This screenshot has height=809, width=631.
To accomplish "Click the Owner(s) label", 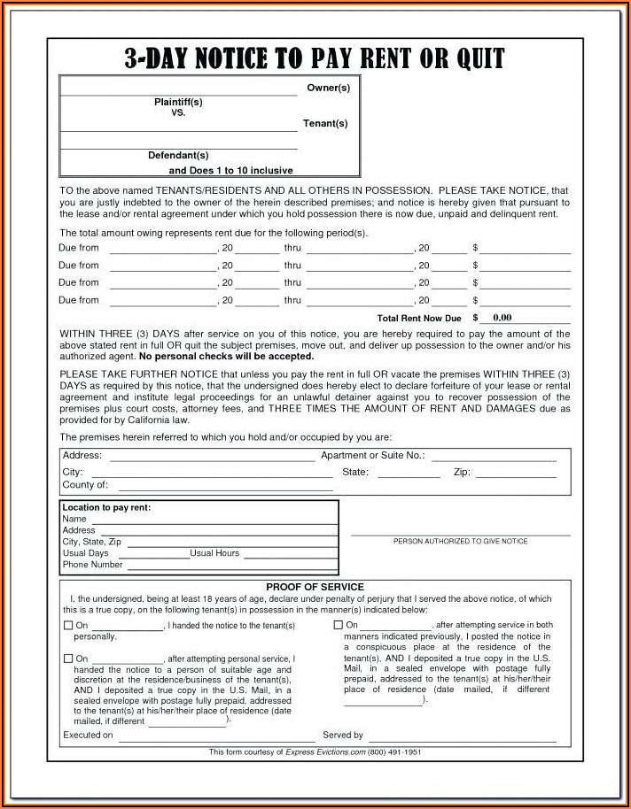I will (328, 88).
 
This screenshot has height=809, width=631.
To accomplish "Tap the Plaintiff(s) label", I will (177, 102).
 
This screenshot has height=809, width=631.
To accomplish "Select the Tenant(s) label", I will (324, 123).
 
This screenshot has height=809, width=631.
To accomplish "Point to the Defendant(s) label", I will (177, 156).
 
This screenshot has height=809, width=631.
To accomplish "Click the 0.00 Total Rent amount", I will (502, 318).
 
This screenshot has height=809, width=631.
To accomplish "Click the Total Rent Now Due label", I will (419, 318).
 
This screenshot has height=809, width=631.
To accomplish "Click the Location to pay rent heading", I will (106, 507).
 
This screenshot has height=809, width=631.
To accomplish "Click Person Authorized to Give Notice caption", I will (460, 541).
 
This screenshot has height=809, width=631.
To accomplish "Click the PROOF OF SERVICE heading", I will (315, 587).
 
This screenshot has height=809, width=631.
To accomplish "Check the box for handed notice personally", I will (68, 626).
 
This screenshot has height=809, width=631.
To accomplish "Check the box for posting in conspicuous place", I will (339, 625).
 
